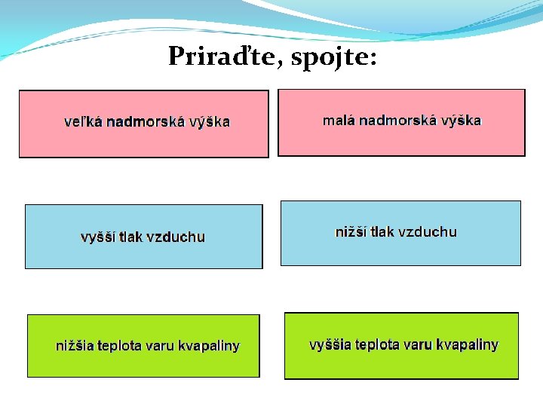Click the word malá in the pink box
(339, 121)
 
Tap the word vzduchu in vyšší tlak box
(176, 237)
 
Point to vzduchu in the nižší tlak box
(428, 232)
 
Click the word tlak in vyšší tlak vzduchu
(130, 237)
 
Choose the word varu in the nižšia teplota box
(160, 347)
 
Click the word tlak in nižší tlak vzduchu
(382, 232)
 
